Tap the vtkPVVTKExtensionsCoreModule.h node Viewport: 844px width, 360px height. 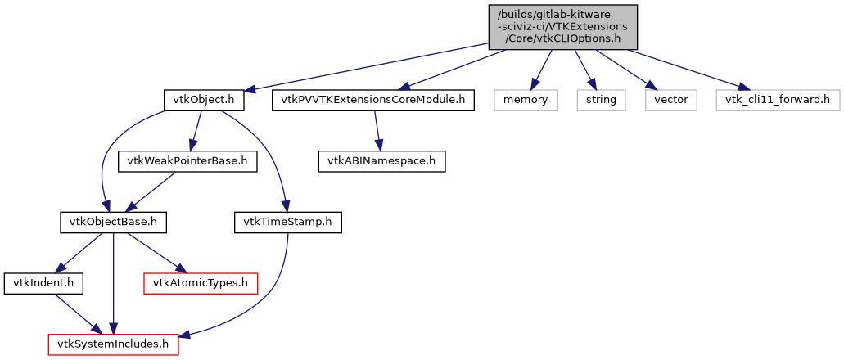(x=372, y=101)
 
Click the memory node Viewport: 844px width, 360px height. (x=525, y=101)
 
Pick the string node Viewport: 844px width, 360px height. (x=601, y=101)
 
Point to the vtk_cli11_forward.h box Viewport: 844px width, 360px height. (x=777, y=101)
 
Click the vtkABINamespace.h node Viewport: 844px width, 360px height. (x=381, y=161)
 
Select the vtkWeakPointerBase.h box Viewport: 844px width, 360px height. (x=187, y=161)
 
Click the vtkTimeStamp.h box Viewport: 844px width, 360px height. (x=287, y=222)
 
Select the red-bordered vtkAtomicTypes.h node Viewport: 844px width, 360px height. (x=201, y=283)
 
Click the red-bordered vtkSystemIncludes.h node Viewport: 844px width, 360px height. (x=113, y=344)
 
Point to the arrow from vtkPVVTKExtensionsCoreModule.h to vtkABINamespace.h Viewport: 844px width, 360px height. (x=377, y=131)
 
